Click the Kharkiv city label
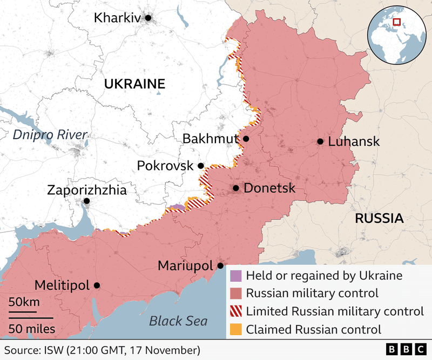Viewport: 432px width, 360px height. click(x=117, y=18)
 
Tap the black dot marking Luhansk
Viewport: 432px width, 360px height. click(x=320, y=141)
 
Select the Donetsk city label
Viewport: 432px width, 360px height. click(x=269, y=188)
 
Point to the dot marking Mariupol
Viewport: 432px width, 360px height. click(x=220, y=266)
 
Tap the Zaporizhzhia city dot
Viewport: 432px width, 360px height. click(x=86, y=201)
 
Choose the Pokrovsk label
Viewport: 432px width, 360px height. click(x=165, y=166)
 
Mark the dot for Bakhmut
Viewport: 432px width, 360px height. click(x=246, y=139)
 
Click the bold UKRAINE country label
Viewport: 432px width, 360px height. click(x=134, y=84)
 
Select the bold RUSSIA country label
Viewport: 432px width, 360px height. click(x=379, y=219)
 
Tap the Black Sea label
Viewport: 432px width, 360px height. click(x=178, y=321)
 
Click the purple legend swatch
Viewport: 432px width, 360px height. click(x=236, y=276)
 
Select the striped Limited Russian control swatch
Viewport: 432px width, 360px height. click(x=236, y=311)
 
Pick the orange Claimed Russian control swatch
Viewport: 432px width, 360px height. click(x=236, y=329)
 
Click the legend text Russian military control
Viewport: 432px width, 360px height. click(x=312, y=294)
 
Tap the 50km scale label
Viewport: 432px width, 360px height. click(x=23, y=301)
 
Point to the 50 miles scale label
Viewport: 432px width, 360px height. click(x=31, y=329)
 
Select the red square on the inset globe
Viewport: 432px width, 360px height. click(x=396, y=22)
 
